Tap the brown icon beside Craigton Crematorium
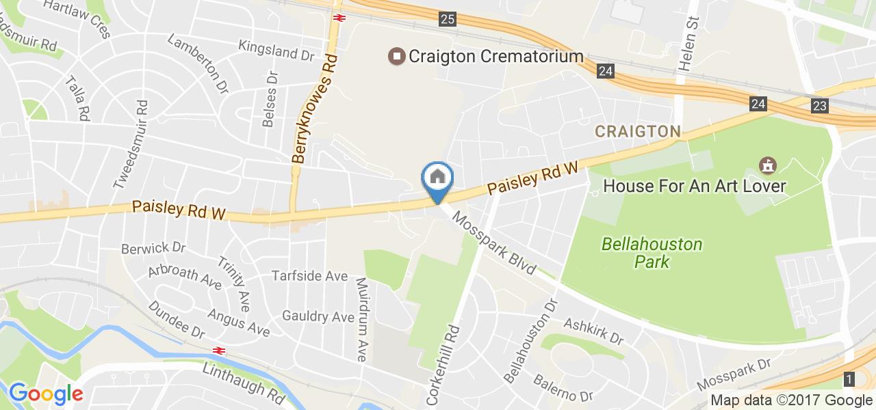pos(396,56)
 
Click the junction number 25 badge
pos(448,19)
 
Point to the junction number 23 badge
pos(820,105)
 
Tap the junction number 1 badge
pos(849,379)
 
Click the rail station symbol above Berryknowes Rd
pos(338,17)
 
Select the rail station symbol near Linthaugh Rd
pos(219,351)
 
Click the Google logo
pos(46,394)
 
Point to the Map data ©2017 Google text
pos(791,400)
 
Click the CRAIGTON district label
pos(637,131)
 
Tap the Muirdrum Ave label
pos(362,318)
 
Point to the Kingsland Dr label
pos(276,49)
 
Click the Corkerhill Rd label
pos(442,363)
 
